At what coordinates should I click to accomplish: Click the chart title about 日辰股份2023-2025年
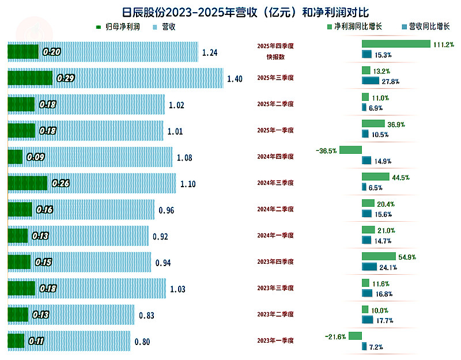[x=231, y=12]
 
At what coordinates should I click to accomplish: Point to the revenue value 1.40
[x=235, y=78]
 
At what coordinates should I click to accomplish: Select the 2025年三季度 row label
[x=275, y=78]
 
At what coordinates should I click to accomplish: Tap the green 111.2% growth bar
[x=396, y=44]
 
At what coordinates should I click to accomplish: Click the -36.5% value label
[x=326, y=150]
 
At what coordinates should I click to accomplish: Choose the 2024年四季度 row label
[x=275, y=157]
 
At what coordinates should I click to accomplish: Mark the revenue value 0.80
[x=142, y=342]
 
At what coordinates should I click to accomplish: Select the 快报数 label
[x=275, y=56]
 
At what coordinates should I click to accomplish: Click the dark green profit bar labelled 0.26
[x=27, y=183]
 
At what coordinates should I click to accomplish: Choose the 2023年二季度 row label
[x=275, y=314]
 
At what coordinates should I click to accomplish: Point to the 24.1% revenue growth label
[x=388, y=267]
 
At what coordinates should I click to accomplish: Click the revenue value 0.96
[x=166, y=210]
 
